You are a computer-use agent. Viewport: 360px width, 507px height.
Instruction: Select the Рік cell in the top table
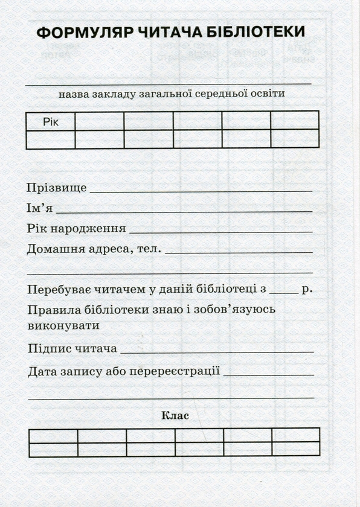tap(51, 122)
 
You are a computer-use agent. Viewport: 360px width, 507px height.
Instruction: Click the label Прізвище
tap(57, 188)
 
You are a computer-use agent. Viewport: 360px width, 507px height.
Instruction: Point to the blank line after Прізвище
tap(201, 191)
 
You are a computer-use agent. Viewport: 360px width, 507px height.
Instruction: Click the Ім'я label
tap(40, 208)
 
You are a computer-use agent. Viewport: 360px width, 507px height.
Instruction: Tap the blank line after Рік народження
tap(221, 231)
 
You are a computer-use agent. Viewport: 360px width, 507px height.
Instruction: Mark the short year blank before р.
tap(284, 292)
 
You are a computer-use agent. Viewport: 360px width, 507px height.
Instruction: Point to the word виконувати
tap(63, 325)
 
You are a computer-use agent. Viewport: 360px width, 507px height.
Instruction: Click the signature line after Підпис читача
tap(217, 351)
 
